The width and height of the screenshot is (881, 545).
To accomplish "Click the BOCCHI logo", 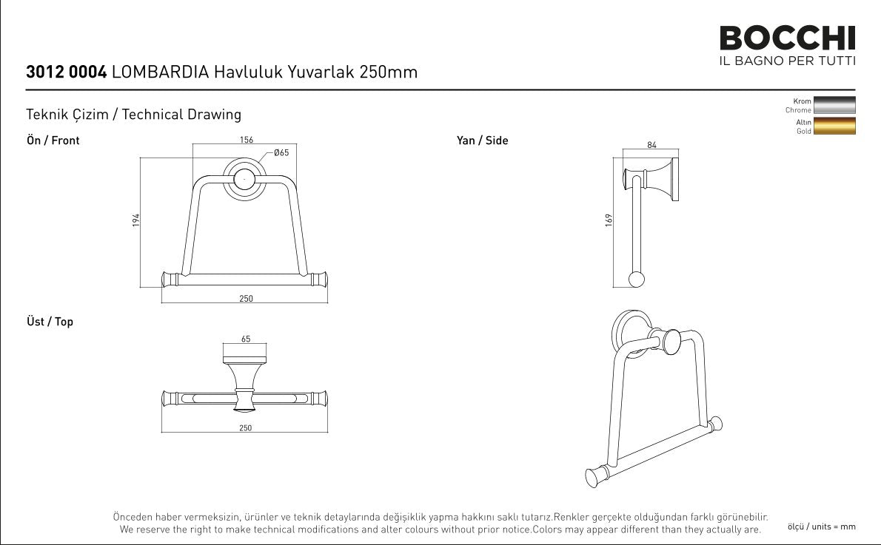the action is click(787, 38).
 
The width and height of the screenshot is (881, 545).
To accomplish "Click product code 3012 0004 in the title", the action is click(67, 72).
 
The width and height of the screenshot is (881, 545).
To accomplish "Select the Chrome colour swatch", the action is click(834, 106).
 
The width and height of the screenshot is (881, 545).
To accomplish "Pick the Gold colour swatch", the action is click(834, 126).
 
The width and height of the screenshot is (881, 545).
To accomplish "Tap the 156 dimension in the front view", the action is click(246, 140).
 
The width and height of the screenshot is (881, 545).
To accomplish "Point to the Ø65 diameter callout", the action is click(281, 152).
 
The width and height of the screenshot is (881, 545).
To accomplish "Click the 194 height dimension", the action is click(136, 220).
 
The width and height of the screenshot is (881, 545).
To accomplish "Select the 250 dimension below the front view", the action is click(246, 299).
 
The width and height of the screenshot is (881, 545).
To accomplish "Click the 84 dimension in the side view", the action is click(651, 145).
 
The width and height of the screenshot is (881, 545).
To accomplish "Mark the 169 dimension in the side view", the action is click(609, 220).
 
